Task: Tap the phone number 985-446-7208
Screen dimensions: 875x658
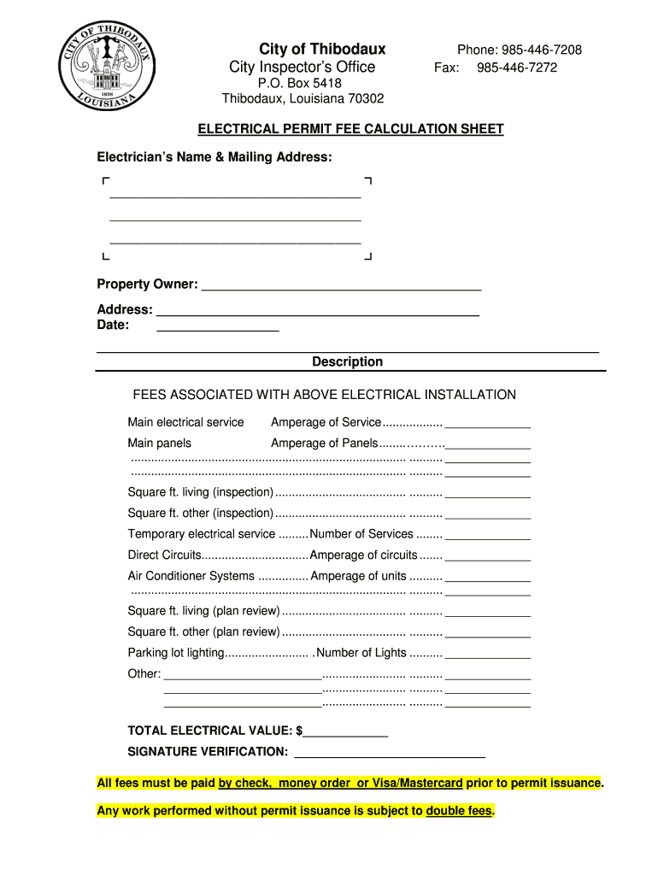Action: [541, 50]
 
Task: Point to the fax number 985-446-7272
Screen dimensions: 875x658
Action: [517, 68]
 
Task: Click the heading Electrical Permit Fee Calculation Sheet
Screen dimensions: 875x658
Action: [350, 129]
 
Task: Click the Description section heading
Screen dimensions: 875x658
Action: [347, 361]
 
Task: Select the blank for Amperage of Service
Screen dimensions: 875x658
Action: [488, 424]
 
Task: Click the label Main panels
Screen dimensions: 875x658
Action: [160, 443]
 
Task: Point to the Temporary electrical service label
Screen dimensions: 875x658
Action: [202, 534]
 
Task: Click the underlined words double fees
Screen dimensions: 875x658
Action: [459, 811]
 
